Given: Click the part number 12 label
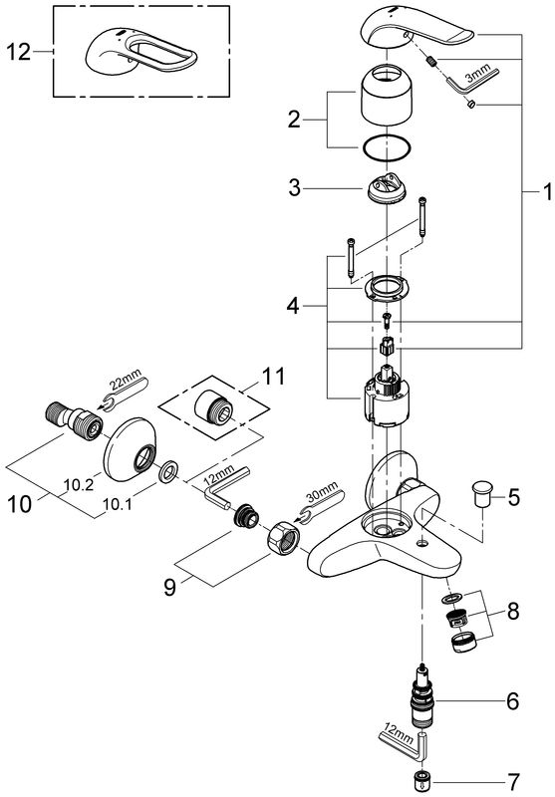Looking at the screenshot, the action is coord(19,52).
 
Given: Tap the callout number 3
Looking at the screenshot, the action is coord(294,188).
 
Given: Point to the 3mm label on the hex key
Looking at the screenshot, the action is coord(476,73).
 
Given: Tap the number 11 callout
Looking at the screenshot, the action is coord(274,377).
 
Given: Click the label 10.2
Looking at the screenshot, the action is coord(79,485).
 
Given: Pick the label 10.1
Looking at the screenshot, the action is coord(118,504).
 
